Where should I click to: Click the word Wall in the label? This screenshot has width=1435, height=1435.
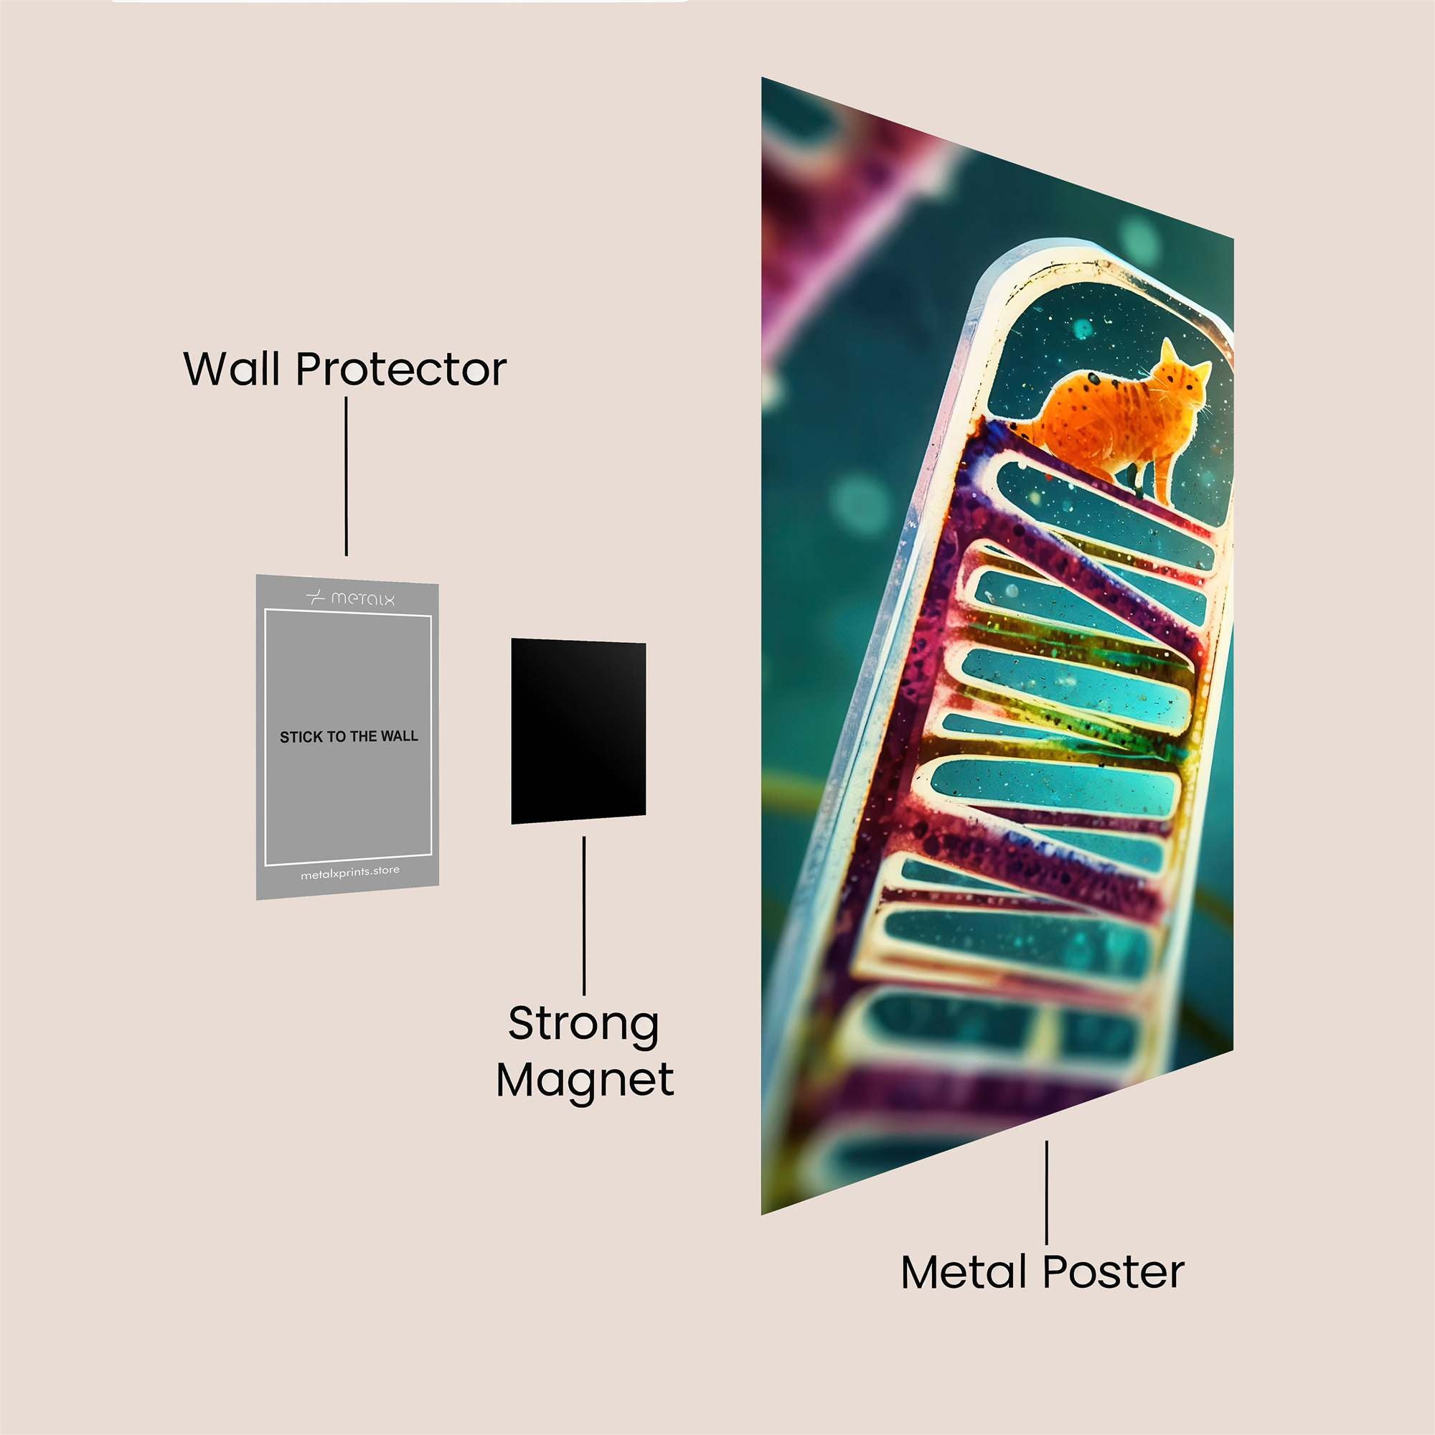(x=232, y=369)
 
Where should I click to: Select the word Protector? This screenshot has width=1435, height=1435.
(x=401, y=369)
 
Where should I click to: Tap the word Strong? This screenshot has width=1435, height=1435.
(x=583, y=1025)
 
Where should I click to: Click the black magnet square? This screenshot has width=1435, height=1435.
(x=578, y=731)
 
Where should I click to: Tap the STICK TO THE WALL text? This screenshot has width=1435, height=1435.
(x=349, y=737)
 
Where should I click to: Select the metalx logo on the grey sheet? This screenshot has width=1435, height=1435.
(x=350, y=598)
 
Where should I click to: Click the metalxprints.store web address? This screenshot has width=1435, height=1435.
(x=349, y=872)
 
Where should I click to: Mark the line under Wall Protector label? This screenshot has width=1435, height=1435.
(x=346, y=476)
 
